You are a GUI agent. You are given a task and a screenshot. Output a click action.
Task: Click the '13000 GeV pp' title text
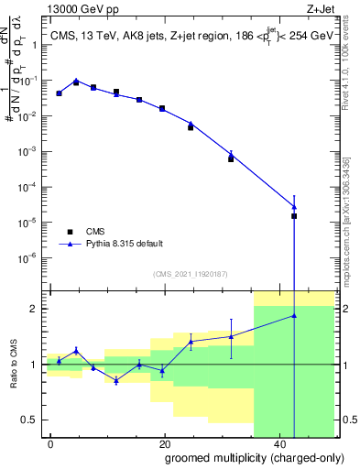click(78, 7)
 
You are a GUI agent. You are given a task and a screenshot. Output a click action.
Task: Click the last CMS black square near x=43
click(294, 216)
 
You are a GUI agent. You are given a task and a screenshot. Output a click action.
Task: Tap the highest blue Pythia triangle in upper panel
click(76, 82)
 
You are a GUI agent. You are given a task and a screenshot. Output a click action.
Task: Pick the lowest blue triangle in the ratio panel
click(116, 380)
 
